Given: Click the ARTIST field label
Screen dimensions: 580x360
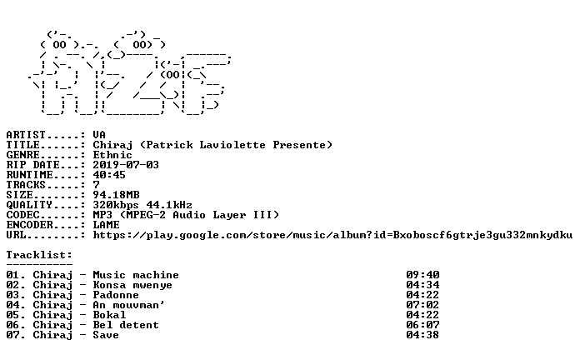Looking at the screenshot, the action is tap(26, 135).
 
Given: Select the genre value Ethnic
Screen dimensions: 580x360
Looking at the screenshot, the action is tap(112, 155).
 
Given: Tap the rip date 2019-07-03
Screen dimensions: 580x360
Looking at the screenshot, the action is tap(126, 165).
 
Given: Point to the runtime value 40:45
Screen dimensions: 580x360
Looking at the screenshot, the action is tap(109, 175).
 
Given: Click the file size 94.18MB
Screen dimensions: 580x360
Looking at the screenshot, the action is tap(116, 195).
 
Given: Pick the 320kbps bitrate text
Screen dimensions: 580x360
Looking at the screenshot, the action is tap(116, 205).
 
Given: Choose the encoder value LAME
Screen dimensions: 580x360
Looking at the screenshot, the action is tap(106, 225).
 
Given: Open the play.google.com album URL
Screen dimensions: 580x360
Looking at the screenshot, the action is tap(332, 235).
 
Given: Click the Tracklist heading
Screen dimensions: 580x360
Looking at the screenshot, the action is tap(39, 255).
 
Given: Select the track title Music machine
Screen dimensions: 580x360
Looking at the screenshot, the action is tap(136, 275).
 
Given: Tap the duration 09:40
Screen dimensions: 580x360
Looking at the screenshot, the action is tap(422, 275).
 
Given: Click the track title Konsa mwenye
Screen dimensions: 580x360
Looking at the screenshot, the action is tap(132, 285).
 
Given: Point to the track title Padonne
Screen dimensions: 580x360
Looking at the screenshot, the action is tap(116, 295).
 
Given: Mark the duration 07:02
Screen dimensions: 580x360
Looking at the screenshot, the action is tap(422, 305).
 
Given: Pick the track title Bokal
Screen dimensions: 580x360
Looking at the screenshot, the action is tap(109, 315).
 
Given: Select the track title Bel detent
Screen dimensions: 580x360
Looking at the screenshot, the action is tap(126, 325).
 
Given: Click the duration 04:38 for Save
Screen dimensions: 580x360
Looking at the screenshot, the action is tap(422, 335).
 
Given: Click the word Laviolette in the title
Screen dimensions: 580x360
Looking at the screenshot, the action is tap(232, 145).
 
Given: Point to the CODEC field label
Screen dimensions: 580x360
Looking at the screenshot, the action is tap(22, 215).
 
